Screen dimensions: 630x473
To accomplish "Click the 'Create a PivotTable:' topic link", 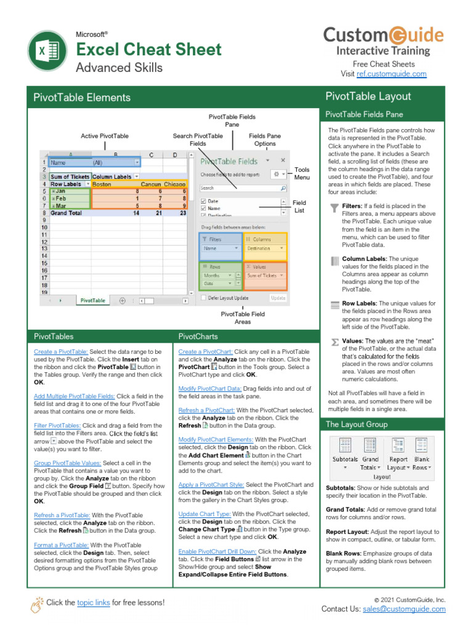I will point(61,351).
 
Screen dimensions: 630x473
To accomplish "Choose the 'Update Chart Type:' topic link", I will point(204,514).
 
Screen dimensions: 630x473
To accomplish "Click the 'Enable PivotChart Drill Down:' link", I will point(217,552).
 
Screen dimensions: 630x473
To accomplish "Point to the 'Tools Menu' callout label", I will point(302,173).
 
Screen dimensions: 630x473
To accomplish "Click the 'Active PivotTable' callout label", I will point(105,136).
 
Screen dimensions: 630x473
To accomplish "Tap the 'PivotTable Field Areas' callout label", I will point(243,317).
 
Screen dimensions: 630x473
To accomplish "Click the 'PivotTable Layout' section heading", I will point(368,96).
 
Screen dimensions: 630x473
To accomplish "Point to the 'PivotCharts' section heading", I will point(198,337).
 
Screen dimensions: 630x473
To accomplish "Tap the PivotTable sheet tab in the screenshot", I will point(93,300).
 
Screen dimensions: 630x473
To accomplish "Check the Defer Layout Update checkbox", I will point(204,298).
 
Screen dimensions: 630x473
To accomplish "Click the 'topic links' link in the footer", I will point(94,602).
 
